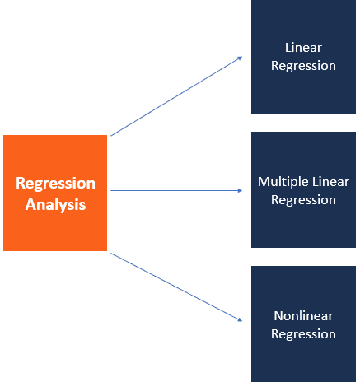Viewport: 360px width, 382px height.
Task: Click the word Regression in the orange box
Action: coord(55,184)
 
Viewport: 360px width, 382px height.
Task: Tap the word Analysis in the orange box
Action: coord(55,205)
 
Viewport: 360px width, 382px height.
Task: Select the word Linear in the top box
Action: coord(303,48)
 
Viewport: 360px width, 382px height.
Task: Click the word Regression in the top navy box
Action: coord(303,66)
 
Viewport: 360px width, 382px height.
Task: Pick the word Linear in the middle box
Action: coord(330,182)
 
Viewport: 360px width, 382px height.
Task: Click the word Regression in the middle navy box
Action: coord(303,200)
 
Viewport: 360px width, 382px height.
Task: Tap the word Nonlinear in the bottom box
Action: coord(303,316)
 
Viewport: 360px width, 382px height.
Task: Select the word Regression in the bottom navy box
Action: coord(303,334)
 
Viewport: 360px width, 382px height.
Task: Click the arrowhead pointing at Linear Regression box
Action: coord(241,58)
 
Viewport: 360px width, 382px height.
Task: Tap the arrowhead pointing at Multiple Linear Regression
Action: coord(240,190)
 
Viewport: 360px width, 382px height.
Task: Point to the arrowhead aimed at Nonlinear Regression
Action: coord(240,319)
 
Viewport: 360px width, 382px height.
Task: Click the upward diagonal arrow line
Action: coord(176,96)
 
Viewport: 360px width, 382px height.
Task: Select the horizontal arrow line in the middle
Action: coord(176,190)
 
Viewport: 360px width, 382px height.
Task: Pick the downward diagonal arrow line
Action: coord(176,287)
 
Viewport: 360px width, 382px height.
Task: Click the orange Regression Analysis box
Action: coord(55,193)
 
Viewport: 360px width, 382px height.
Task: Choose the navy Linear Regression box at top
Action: coord(303,57)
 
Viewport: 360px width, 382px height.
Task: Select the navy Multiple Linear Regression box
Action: coord(303,189)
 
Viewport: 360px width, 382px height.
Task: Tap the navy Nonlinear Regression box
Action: coord(303,324)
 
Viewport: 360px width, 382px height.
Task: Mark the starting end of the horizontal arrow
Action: coord(110,190)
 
